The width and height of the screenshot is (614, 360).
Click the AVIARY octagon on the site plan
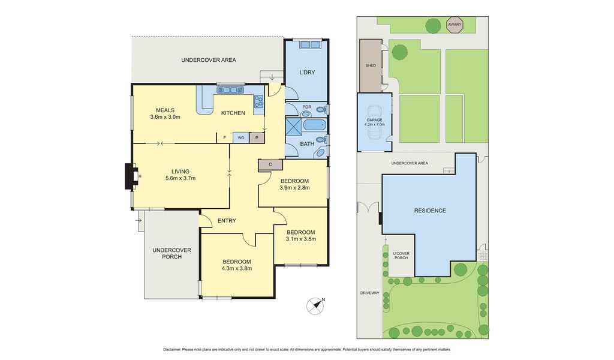click(x=455, y=25)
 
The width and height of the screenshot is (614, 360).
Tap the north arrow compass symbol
click(x=315, y=306)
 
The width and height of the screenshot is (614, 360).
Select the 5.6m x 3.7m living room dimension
click(x=180, y=178)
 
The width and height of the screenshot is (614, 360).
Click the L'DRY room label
click(x=307, y=73)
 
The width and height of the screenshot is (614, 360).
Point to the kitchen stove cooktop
click(x=258, y=101)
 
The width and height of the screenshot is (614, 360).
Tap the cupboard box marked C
click(x=270, y=164)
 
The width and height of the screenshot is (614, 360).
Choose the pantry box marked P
click(x=257, y=137)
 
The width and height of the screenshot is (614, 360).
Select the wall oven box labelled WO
click(x=241, y=137)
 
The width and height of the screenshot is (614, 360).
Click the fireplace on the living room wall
click(x=130, y=176)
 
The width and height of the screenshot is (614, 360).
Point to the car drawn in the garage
click(x=374, y=122)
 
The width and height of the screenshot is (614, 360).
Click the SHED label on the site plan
click(x=371, y=65)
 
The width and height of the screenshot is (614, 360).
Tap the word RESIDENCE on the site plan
click(x=430, y=211)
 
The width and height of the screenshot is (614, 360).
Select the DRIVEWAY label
click(x=370, y=293)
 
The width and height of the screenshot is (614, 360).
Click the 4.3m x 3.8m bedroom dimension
click(x=236, y=268)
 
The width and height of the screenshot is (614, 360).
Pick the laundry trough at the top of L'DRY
click(x=310, y=44)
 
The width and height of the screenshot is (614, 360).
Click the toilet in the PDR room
click(x=321, y=109)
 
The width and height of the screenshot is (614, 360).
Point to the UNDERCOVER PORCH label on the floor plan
click(x=172, y=253)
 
